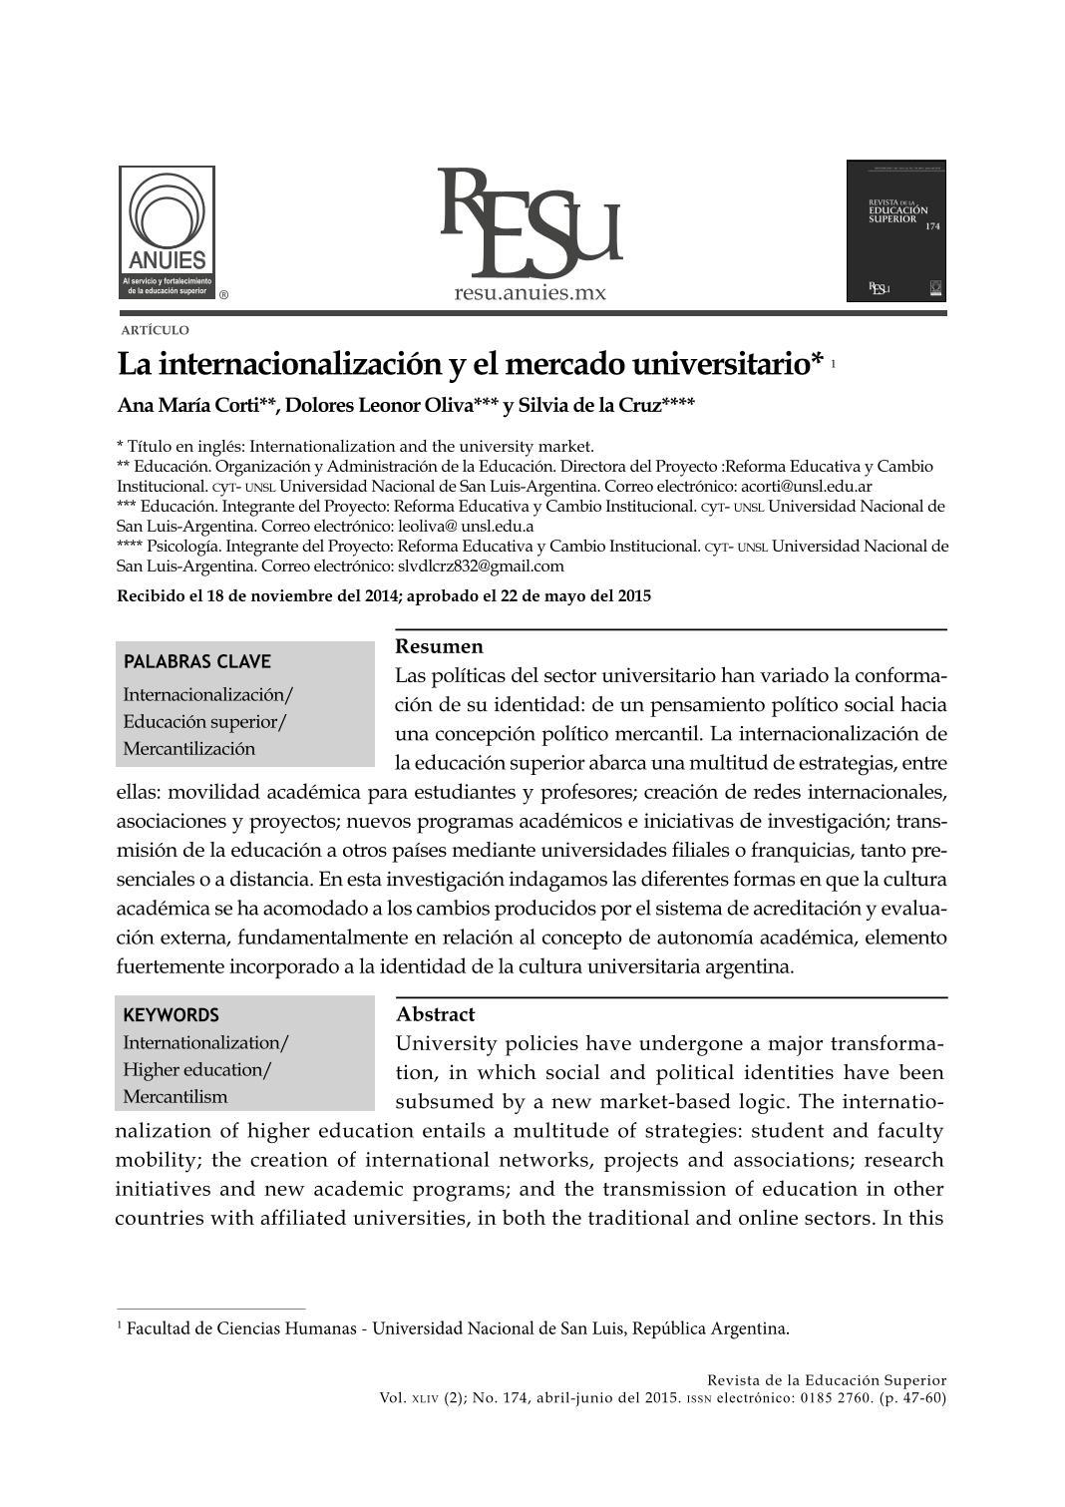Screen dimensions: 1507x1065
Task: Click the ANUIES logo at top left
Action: point(168,232)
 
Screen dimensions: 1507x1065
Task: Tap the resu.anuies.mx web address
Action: point(530,293)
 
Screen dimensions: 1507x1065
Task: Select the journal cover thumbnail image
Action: point(895,230)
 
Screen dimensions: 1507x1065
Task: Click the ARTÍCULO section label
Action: point(155,330)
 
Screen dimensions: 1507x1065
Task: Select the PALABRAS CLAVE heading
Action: point(196,661)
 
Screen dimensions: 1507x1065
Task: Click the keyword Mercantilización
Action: point(189,749)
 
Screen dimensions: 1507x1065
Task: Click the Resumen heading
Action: point(439,646)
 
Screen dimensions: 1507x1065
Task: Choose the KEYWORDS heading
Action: point(171,1015)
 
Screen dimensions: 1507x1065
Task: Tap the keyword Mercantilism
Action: point(176,1097)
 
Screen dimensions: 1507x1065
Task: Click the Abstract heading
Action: point(435,1014)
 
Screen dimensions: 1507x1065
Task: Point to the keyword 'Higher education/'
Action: point(196,1070)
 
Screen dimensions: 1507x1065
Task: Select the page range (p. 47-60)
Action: point(912,1397)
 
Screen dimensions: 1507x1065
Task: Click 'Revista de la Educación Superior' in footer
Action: point(827,1380)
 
